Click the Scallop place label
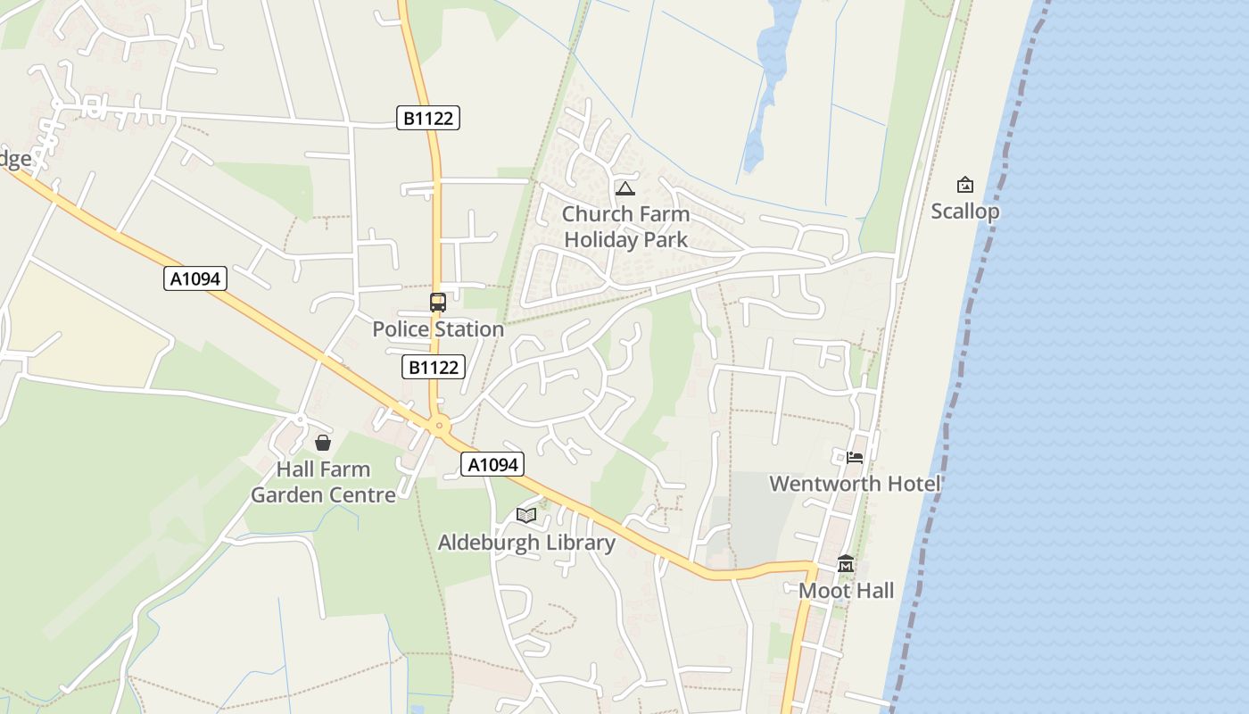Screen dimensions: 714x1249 pos(964,212)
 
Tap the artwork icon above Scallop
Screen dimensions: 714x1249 pos(964,186)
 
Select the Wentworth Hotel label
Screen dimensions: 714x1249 pos(855,484)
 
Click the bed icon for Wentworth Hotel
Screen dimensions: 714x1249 pos(855,458)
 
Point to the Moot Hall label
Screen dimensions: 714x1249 pos(846,591)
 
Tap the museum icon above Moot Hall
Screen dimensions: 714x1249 pos(846,564)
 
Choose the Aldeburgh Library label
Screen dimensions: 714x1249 pos(526,543)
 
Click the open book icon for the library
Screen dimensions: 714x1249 pos(526,516)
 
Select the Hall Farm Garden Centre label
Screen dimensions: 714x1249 pos(323,482)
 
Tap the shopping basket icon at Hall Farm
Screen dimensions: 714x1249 pos(323,443)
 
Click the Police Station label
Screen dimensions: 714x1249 pos(438,329)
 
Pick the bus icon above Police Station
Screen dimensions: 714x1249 pos(438,303)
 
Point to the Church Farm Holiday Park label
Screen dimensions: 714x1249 pos(625,227)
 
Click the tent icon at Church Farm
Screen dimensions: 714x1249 pos(625,188)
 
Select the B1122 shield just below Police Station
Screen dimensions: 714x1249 pos(433,367)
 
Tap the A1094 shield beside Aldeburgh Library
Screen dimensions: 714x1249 pos(492,464)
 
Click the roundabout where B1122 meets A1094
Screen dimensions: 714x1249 pos(438,426)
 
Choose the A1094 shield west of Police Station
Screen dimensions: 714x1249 pos(195,278)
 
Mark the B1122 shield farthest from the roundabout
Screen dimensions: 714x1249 pos(428,118)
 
